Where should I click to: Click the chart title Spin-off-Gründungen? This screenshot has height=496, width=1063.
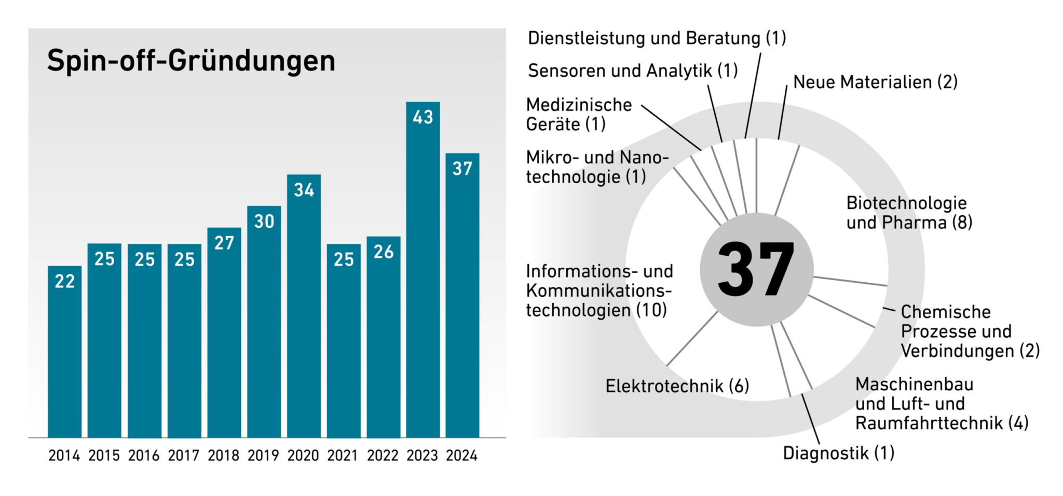pyautogui.click(x=191, y=61)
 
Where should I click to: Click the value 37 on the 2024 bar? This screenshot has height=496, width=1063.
pyautogui.click(x=462, y=169)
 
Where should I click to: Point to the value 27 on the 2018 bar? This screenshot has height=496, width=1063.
pyautogui.click(x=224, y=243)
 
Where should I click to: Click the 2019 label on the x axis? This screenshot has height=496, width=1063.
pyautogui.click(x=263, y=456)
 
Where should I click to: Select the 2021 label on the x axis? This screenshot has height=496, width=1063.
pyautogui.click(x=343, y=456)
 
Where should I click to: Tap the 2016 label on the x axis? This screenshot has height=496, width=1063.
pyautogui.click(x=144, y=456)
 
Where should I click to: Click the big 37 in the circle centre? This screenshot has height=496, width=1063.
pyautogui.click(x=756, y=270)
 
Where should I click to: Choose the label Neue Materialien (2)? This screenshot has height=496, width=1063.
pyautogui.click(x=875, y=82)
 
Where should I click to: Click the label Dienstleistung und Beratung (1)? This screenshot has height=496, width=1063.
pyautogui.click(x=657, y=38)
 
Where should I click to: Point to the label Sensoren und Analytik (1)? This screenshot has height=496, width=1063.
pyautogui.click(x=633, y=71)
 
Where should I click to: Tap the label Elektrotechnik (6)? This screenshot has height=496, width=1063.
pyautogui.click(x=677, y=386)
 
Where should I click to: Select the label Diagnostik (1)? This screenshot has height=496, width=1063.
pyautogui.click(x=838, y=453)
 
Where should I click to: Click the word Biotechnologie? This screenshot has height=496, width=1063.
pyautogui.click(x=906, y=203)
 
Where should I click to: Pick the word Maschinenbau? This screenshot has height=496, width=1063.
pyautogui.click(x=914, y=384)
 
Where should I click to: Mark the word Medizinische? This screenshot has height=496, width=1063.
pyautogui.click(x=579, y=105)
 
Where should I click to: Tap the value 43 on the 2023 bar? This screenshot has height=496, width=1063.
pyautogui.click(x=423, y=117)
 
